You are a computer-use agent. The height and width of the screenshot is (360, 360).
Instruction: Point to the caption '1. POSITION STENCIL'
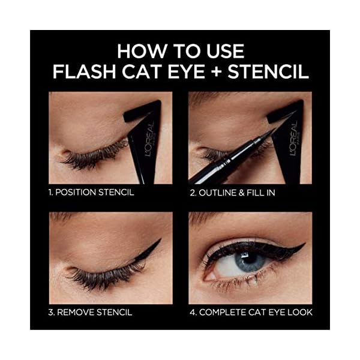click(x=92, y=193)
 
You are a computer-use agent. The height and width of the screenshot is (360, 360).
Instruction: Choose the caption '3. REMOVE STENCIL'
click(x=91, y=312)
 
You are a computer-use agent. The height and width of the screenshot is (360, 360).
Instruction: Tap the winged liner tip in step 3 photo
click(x=160, y=241)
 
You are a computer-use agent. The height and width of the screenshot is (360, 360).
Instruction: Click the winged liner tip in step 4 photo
click(x=304, y=244)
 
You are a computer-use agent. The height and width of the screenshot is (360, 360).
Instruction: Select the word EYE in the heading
click(x=178, y=71)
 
